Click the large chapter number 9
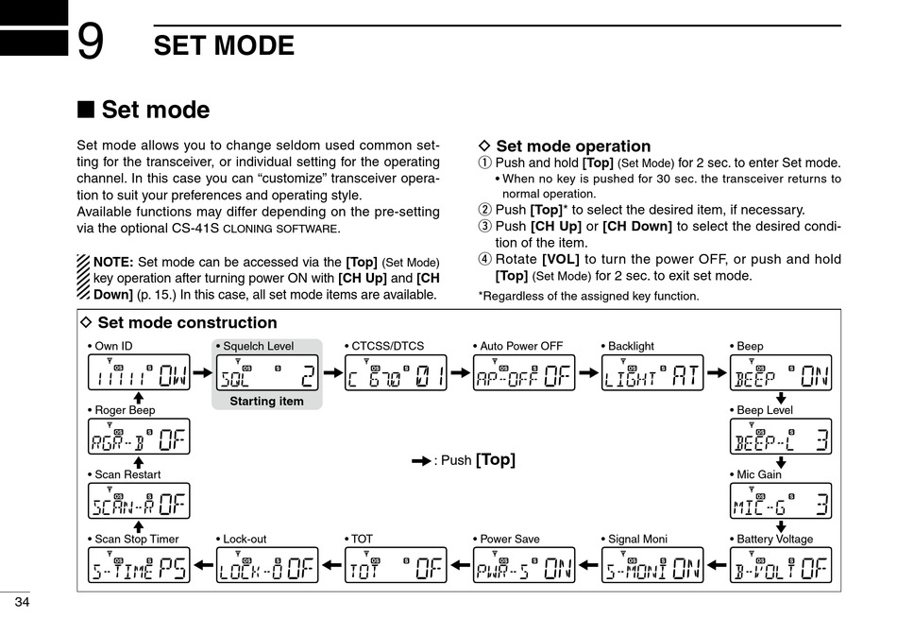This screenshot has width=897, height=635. pyautogui.click(x=91, y=43)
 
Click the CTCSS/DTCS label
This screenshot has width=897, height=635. pyautogui.click(x=387, y=346)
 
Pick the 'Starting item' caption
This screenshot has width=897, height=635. pyautogui.click(x=267, y=401)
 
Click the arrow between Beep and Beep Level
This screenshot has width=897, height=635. pyautogui.click(x=781, y=399)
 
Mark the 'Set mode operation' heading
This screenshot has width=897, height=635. pyautogui.click(x=572, y=146)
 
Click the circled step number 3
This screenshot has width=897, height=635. pyautogui.click(x=485, y=227)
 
